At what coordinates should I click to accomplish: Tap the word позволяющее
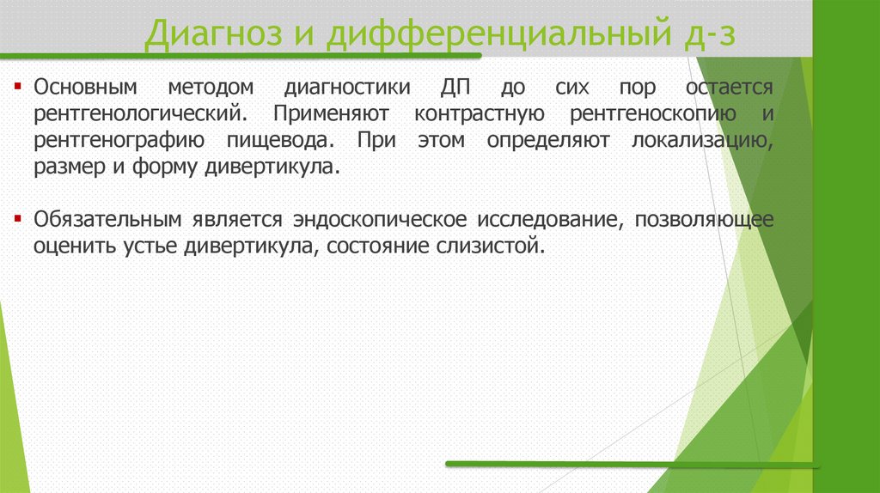(x=705, y=219)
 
